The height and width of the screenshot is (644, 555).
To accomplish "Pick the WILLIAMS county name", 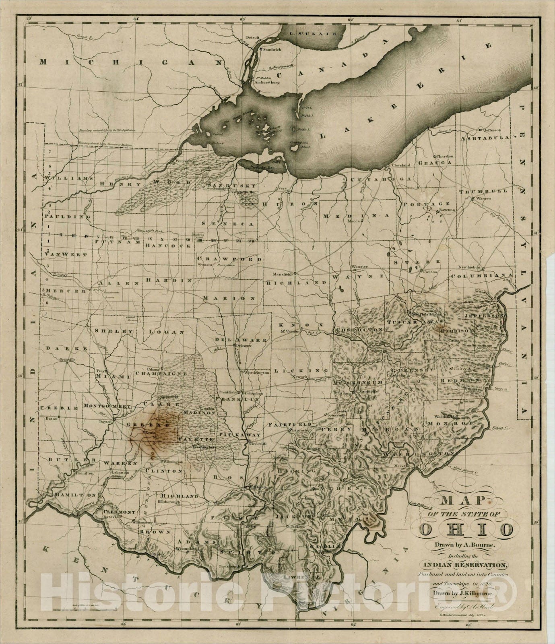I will [x=69, y=178].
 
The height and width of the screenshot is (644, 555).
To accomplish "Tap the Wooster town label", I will [x=359, y=267].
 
